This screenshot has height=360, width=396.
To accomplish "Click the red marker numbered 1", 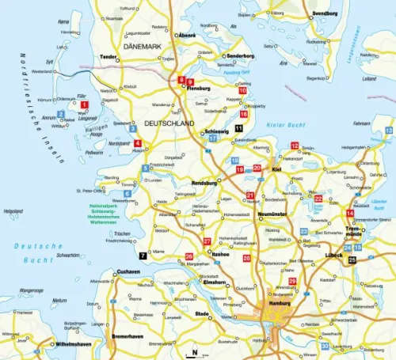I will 85,104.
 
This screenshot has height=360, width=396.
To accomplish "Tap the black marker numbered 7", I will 143,256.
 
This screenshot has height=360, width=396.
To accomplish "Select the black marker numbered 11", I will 239,128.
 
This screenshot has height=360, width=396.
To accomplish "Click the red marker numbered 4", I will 138,143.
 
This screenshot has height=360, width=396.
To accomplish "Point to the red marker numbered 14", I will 350,214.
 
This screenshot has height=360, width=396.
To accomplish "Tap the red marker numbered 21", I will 250,195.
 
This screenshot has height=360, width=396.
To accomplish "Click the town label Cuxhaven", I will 128,271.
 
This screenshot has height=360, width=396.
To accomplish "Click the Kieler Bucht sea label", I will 286,125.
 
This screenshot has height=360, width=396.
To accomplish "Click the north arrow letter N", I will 195,351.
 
